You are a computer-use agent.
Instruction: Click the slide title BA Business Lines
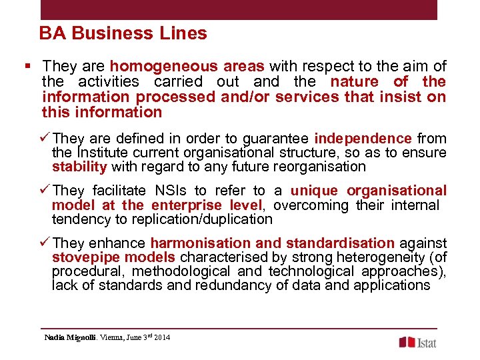tap(123, 33)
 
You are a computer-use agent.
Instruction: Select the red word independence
tap(363, 139)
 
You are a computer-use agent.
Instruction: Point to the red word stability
tap(79, 167)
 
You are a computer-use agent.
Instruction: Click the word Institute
tap(99, 153)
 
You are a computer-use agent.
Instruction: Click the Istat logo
tap(418, 342)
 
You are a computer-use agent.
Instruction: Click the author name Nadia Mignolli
tap(69, 337)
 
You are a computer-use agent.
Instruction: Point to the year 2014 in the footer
tap(161, 337)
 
